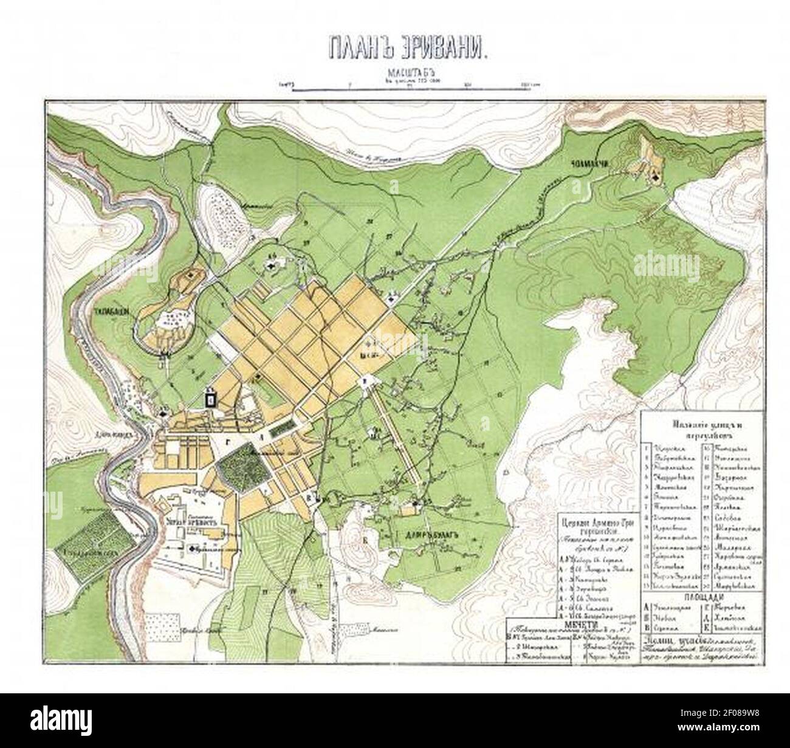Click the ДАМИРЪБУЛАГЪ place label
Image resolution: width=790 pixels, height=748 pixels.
point(428,535)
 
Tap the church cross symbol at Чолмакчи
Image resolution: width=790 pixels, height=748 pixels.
point(655,176)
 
